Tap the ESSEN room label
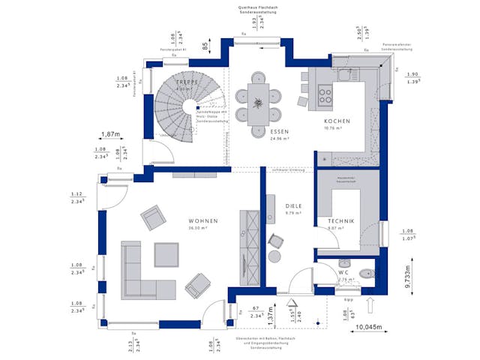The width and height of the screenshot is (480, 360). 279,131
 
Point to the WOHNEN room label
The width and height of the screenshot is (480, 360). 203,220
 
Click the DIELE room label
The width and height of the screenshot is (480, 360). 293,205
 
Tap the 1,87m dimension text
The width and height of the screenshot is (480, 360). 111,135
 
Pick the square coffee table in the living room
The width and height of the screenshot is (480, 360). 166,255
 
